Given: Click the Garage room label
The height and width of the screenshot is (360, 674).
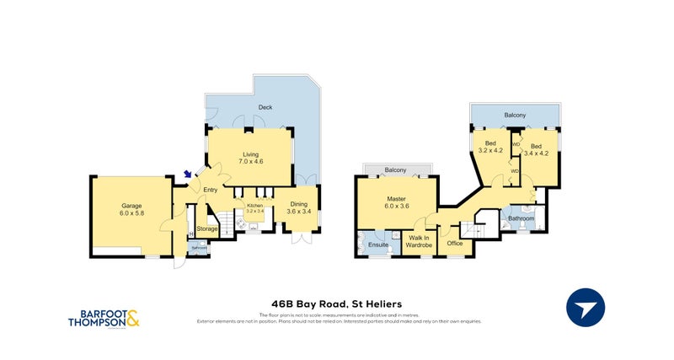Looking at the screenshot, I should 131,210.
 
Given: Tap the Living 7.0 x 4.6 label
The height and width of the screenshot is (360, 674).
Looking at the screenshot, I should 251,158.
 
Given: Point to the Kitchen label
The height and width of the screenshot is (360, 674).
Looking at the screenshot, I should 254,208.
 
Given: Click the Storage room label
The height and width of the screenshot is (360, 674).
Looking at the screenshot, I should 207,228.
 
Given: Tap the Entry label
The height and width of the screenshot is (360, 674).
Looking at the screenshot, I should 211,190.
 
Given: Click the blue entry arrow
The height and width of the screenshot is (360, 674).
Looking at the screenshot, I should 187,175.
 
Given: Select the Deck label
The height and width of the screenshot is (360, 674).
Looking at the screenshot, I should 265,108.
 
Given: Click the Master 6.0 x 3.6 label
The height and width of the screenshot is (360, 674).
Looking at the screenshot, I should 396,202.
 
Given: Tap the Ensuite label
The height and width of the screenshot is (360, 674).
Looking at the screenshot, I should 378,244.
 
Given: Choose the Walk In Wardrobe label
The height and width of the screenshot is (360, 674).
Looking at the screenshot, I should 420,241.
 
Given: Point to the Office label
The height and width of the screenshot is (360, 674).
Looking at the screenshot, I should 455,244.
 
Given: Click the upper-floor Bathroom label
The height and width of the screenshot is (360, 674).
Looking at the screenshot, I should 521,219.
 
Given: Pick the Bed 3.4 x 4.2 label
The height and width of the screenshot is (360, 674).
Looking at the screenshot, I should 537,150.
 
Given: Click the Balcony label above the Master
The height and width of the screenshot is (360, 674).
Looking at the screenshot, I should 395,170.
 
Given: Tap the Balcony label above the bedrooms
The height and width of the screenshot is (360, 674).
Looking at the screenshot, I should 516,114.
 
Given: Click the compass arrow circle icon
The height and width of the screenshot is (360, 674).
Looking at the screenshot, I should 588,307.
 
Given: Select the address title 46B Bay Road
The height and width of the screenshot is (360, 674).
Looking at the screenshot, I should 336,303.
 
